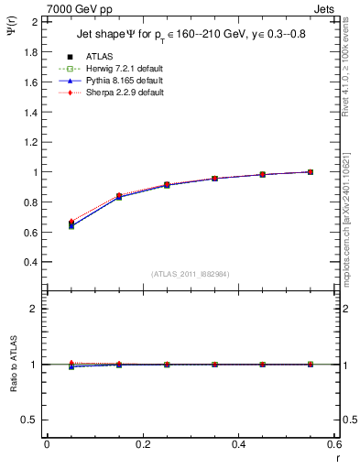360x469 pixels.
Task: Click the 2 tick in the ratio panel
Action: [36, 309]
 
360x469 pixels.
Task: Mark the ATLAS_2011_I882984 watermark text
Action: [191, 274]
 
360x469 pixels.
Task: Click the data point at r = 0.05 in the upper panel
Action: [71, 224]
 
